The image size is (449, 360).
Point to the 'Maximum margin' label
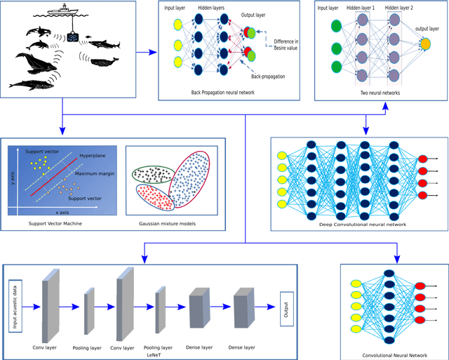click(98, 173)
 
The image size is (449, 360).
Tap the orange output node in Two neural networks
click(425, 45)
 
